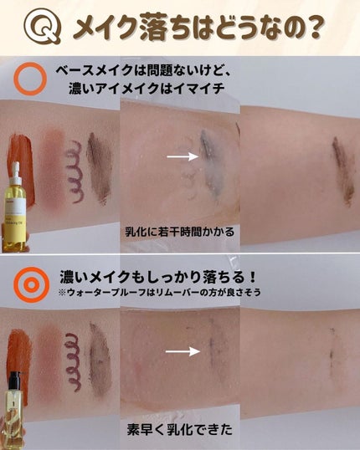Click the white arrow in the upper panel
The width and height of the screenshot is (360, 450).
182,156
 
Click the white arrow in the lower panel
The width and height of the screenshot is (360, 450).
182,352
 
